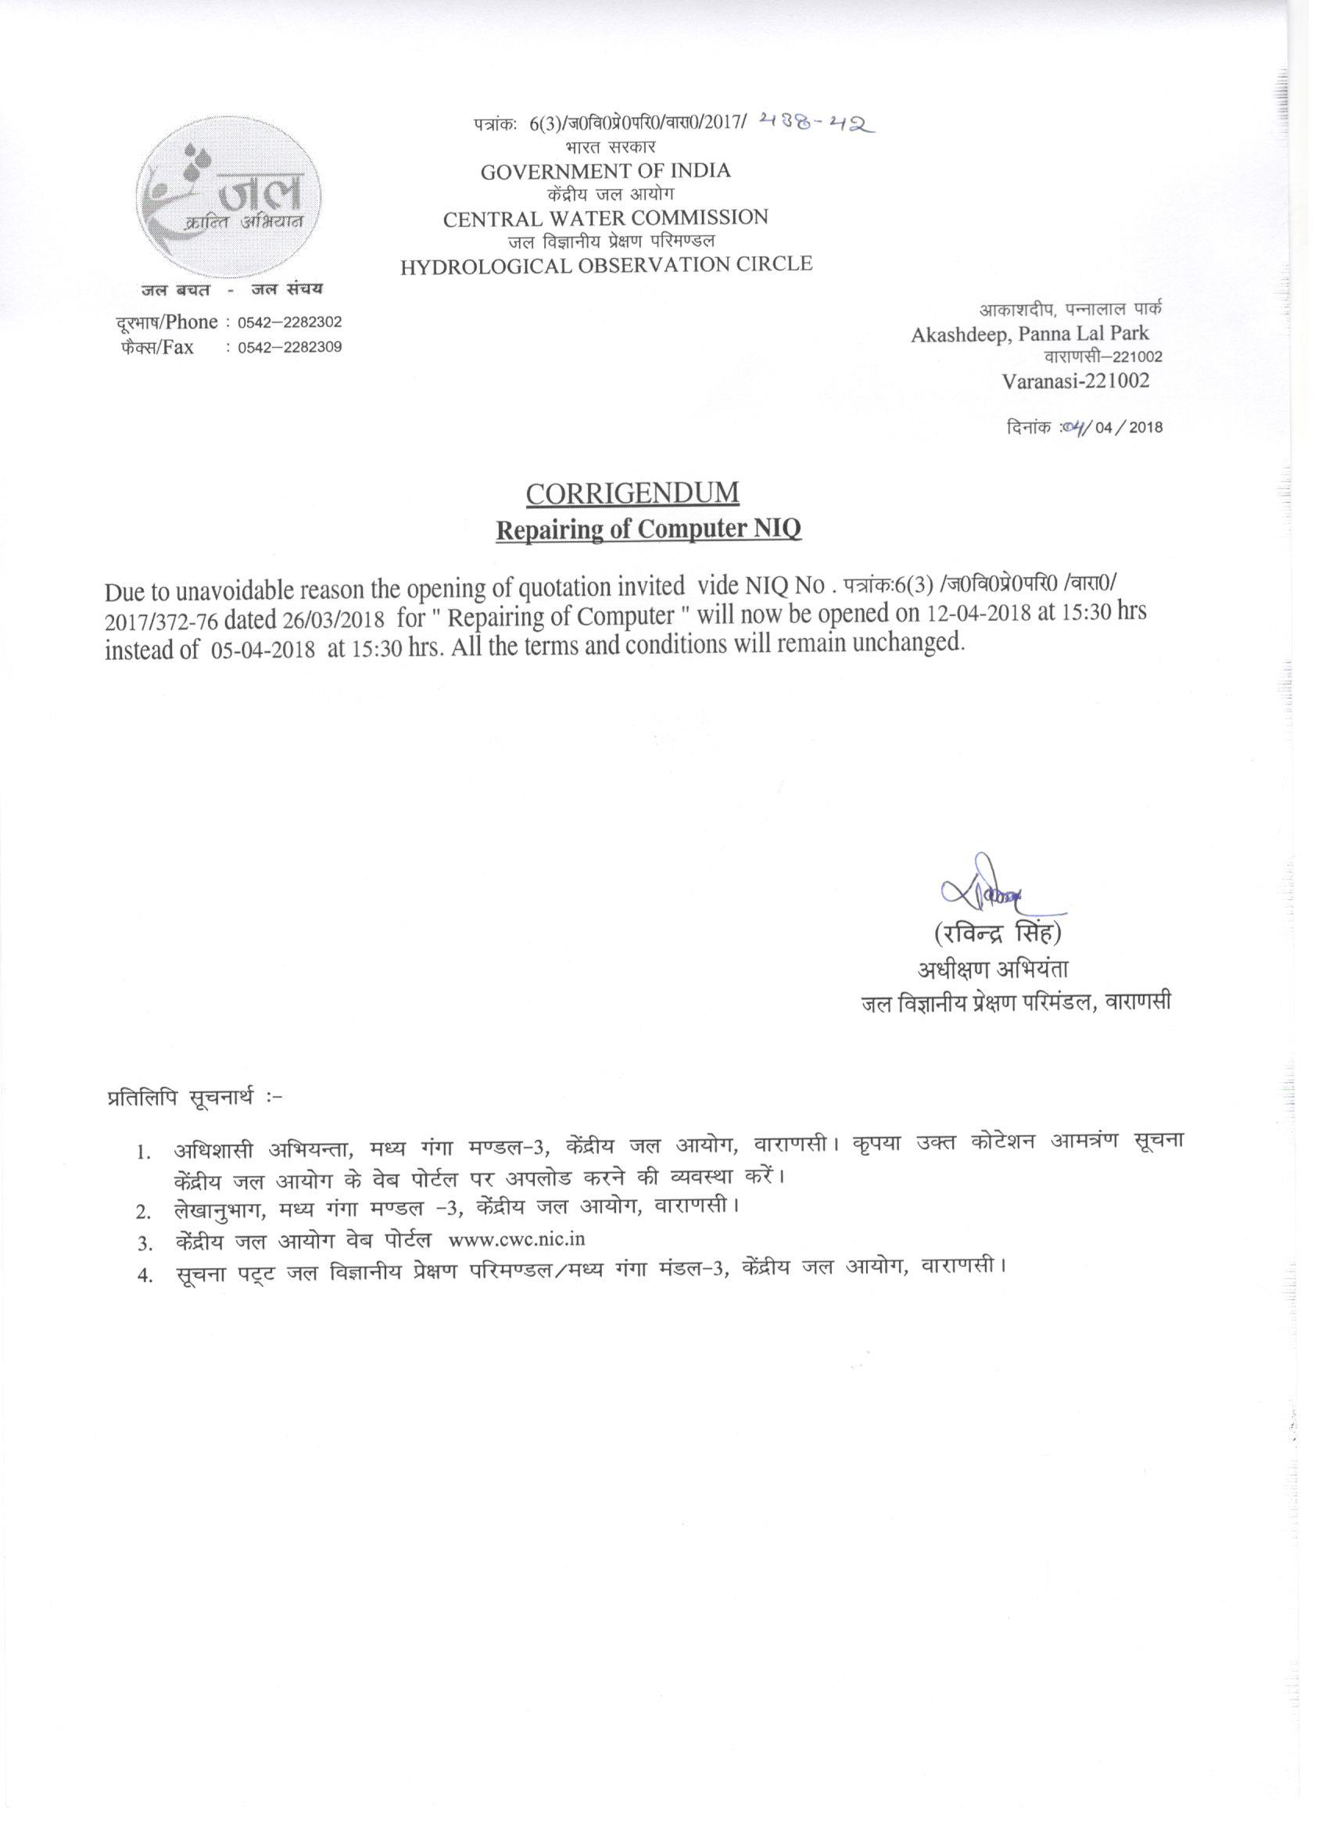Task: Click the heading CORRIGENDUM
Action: (632, 493)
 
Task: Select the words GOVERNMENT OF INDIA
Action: (605, 171)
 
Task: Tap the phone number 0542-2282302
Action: (289, 322)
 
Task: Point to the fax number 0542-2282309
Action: (289, 347)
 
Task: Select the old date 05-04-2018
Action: (263, 651)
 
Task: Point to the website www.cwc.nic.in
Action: (517, 1239)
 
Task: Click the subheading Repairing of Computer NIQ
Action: (648, 529)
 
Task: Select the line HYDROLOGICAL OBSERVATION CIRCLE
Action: (606, 264)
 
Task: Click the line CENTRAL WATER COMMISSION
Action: (605, 217)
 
